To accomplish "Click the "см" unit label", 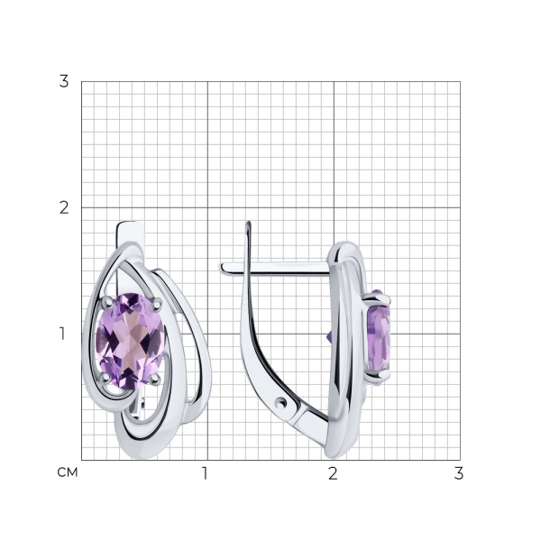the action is (68, 472).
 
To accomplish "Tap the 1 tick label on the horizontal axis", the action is (205, 473).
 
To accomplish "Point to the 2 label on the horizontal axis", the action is (333, 473).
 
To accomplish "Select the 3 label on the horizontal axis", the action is (459, 473).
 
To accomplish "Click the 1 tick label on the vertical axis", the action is (62, 334).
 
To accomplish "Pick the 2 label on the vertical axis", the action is (64, 207).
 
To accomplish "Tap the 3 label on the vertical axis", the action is (64, 81).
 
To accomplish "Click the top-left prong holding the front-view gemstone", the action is (106, 303).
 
